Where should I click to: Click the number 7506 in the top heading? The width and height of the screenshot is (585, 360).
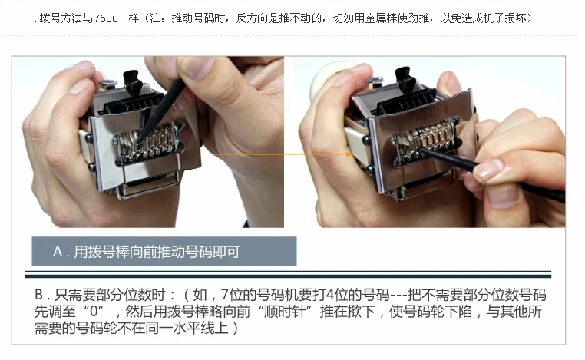[x=107, y=18]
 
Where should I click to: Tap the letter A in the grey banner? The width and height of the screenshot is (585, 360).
[x=58, y=252]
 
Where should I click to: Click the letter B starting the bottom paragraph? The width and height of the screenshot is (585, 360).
[x=39, y=295]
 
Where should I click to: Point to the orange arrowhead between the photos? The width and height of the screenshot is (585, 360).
[x=349, y=154]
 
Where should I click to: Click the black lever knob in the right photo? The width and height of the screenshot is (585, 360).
[x=405, y=78]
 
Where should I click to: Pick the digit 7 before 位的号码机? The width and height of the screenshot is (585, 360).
[x=224, y=295]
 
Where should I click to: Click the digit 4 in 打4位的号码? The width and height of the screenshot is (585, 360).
[x=330, y=295]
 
